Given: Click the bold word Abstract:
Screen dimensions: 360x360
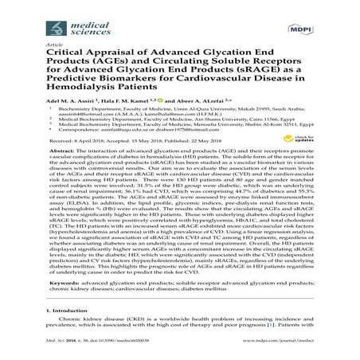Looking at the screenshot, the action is (x=72, y=194).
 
